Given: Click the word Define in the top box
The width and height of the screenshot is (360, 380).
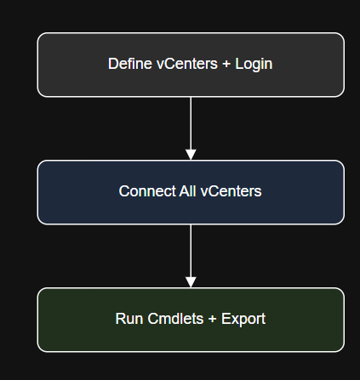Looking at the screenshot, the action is (x=130, y=64).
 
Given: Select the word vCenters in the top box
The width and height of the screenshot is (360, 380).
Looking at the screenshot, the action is (x=187, y=64).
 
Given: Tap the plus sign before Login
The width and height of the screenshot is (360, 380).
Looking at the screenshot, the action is (x=226, y=64).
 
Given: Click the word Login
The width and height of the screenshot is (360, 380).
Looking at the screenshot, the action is (x=254, y=65).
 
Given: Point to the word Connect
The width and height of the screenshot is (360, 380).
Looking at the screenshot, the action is (x=147, y=191).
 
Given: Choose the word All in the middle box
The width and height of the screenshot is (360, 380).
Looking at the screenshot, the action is (x=187, y=191).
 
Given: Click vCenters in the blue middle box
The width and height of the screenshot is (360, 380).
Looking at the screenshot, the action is (x=231, y=191).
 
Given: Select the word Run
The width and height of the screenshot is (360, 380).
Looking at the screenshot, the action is (x=129, y=319).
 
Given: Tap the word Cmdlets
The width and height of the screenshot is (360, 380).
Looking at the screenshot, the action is (x=175, y=319).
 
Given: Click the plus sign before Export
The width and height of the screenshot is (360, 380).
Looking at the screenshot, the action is (x=213, y=319).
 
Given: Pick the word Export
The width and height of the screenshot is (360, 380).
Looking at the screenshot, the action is (x=243, y=320).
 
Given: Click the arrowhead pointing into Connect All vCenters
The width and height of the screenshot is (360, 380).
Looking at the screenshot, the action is (x=191, y=155).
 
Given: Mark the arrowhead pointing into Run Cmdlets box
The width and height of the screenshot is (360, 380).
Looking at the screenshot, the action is (x=191, y=282).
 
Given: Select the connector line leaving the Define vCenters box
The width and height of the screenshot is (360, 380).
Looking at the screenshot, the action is (x=191, y=123).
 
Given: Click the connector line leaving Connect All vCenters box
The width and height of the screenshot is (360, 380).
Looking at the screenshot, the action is (x=191, y=251).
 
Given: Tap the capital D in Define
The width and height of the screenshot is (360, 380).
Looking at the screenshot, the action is (x=112, y=64).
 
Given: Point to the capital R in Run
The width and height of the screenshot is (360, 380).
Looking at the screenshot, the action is (x=120, y=319).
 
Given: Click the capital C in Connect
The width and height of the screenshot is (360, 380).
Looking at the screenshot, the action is (x=123, y=191).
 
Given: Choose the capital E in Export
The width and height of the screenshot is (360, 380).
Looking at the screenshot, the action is (x=226, y=319).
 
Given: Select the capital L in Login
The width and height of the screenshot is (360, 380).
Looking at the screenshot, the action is (x=239, y=64).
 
